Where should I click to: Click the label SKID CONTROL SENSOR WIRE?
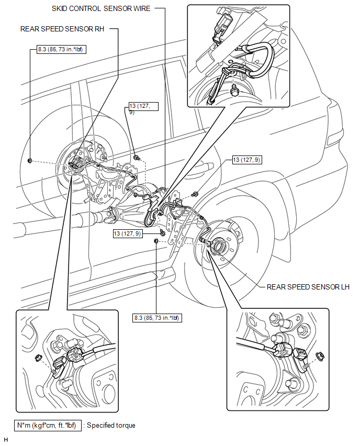101,9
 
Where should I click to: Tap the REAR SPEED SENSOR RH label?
62,29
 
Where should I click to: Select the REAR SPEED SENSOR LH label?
308,287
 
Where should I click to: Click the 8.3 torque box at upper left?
62,51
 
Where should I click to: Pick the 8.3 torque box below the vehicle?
157,317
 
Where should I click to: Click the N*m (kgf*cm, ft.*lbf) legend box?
48,425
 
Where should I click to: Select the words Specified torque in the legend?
111,425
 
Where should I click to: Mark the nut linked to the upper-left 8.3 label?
30,160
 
